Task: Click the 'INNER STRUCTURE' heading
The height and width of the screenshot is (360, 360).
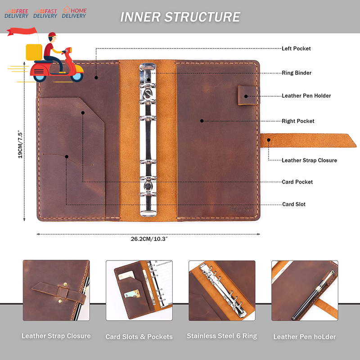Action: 180,17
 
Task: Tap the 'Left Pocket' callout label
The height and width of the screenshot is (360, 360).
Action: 296,49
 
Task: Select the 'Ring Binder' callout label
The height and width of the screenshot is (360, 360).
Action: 297,73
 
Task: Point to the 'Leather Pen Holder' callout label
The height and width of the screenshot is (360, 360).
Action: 306,96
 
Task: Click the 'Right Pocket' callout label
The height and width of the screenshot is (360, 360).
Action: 298,121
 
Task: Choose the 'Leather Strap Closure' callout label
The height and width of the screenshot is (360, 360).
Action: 309,160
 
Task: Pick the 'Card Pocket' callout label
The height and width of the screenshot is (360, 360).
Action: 297,182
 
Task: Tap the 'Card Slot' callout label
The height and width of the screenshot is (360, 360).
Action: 294,204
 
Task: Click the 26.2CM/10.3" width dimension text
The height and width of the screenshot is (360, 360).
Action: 149,239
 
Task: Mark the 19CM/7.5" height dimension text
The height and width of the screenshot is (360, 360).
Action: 20,144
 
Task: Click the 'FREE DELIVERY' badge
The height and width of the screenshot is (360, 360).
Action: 17,13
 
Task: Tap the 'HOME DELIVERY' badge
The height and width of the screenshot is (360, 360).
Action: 74,13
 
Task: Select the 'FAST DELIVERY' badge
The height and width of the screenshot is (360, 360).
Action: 45,13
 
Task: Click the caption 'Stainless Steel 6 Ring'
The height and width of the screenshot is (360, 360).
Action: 221,336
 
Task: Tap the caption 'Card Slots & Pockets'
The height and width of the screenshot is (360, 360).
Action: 139,337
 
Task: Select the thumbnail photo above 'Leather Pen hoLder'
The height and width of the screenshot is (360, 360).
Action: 305,291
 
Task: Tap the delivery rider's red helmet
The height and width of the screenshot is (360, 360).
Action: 52,36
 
